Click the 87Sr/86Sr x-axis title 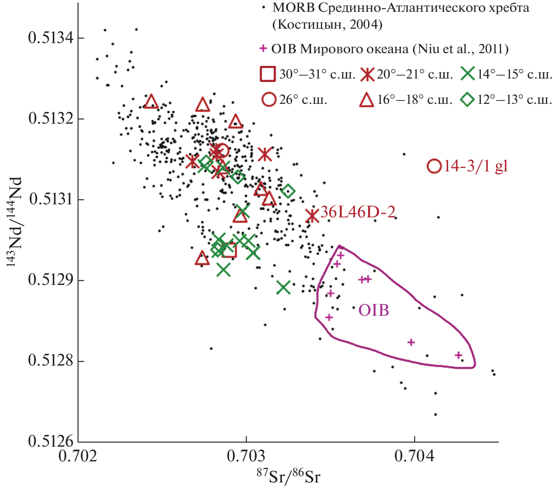pyautogui.click(x=288, y=477)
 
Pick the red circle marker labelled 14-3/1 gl pyautogui.click(x=434, y=166)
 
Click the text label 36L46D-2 pyautogui.click(x=358, y=212)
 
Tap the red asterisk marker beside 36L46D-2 pyautogui.click(x=312, y=216)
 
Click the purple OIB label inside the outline pyautogui.click(x=374, y=311)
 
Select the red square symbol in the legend pyautogui.click(x=268, y=74)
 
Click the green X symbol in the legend pyautogui.click(x=468, y=74)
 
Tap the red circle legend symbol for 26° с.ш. pyautogui.click(x=268, y=100)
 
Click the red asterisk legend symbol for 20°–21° pyautogui.click(x=368, y=75)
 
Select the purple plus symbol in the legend pyautogui.click(x=263, y=49)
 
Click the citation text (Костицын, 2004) pyautogui.click(x=327, y=25)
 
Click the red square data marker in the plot pyautogui.click(x=229, y=250)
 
